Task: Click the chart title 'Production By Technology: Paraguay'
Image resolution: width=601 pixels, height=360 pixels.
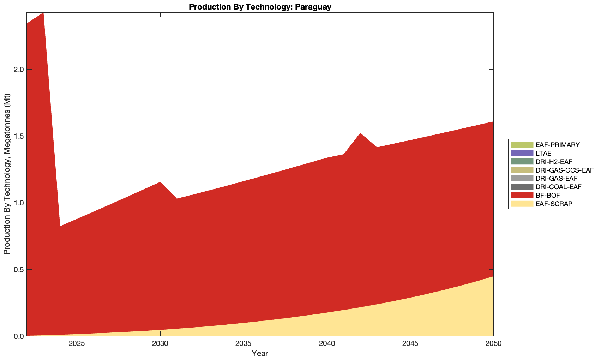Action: (260, 7)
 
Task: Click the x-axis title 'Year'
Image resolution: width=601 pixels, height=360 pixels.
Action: (260, 353)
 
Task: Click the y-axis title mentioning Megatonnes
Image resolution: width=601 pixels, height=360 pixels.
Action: (7, 174)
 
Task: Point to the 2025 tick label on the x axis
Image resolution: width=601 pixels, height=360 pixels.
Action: (77, 343)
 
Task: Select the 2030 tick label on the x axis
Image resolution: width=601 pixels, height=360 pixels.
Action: (160, 343)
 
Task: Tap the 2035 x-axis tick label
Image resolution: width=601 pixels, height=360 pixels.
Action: (244, 343)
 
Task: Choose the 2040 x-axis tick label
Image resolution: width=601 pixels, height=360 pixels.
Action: (327, 343)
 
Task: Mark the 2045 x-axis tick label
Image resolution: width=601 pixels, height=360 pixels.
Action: (410, 343)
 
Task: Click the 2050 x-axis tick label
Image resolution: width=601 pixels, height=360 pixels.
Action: (493, 343)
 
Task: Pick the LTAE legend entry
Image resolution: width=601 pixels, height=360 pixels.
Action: (543, 153)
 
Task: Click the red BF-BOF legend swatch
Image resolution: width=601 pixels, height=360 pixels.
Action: (522, 196)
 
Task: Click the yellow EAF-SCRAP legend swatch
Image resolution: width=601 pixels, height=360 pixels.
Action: (522, 204)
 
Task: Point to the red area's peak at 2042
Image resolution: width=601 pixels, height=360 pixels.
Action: (360, 133)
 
